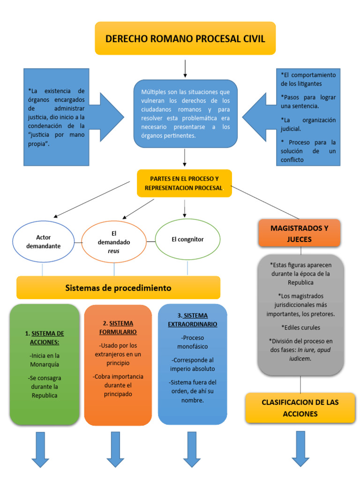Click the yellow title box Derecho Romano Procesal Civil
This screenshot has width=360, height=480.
pyautogui.click(x=185, y=38)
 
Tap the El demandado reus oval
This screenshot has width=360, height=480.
pyautogui.click(x=114, y=242)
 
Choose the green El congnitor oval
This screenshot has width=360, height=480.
pyautogui.click(x=187, y=240)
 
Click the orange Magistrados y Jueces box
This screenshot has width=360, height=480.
pyautogui.click(x=299, y=233)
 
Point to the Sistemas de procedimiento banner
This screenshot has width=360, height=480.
pyautogui.click(x=118, y=288)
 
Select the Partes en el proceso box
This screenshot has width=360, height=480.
pyautogui.click(x=184, y=183)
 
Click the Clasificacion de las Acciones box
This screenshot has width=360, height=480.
pyautogui.click(x=300, y=408)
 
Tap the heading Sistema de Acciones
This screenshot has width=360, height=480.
pyautogui.click(x=45, y=337)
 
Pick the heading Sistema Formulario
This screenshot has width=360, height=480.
pyautogui.click(x=118, y=328)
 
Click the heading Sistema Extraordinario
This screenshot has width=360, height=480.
pyautogui.click(x=193, y=320)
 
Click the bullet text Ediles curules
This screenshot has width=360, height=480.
pyautogui.click(x=300, y=327)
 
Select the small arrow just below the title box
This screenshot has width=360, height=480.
pyautogui.click(x=186, y=68)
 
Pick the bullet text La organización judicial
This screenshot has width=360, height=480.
pyautogui.click(x=308, y=124)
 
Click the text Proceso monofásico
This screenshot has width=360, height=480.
pyautogui.click(x=192, y=342)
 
